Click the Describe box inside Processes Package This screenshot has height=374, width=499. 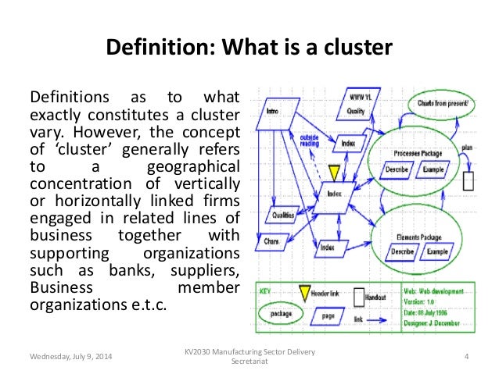point(397,169)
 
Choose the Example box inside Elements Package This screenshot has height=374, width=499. point(437,252)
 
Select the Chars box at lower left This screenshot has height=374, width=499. point(273,241)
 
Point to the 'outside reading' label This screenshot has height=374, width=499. point(308,141)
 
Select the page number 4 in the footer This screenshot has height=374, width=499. point(465,357)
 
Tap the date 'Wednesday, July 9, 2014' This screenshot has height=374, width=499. point(71,357)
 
